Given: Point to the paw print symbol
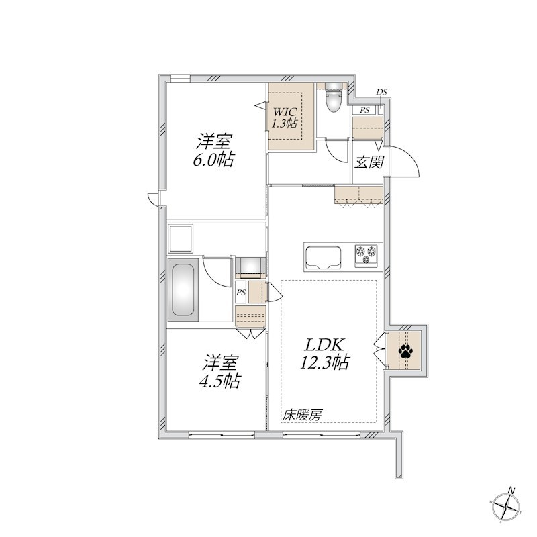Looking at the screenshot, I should pyautogui.click(x=405, y=350).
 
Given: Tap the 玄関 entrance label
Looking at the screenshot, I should pyautogui.click(x=369, y=162).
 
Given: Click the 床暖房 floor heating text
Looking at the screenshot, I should pyautogui.click(x=302, y=415).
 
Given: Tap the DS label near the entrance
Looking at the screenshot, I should pyautogui.click(x=381, y=92).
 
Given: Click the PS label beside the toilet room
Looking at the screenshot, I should pyautogui.click(x=365, y=110).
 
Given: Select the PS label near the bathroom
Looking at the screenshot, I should pyautogui.click(x=240, y=292).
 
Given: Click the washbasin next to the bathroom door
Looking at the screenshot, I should pyautogui.click(x=250, y=266).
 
